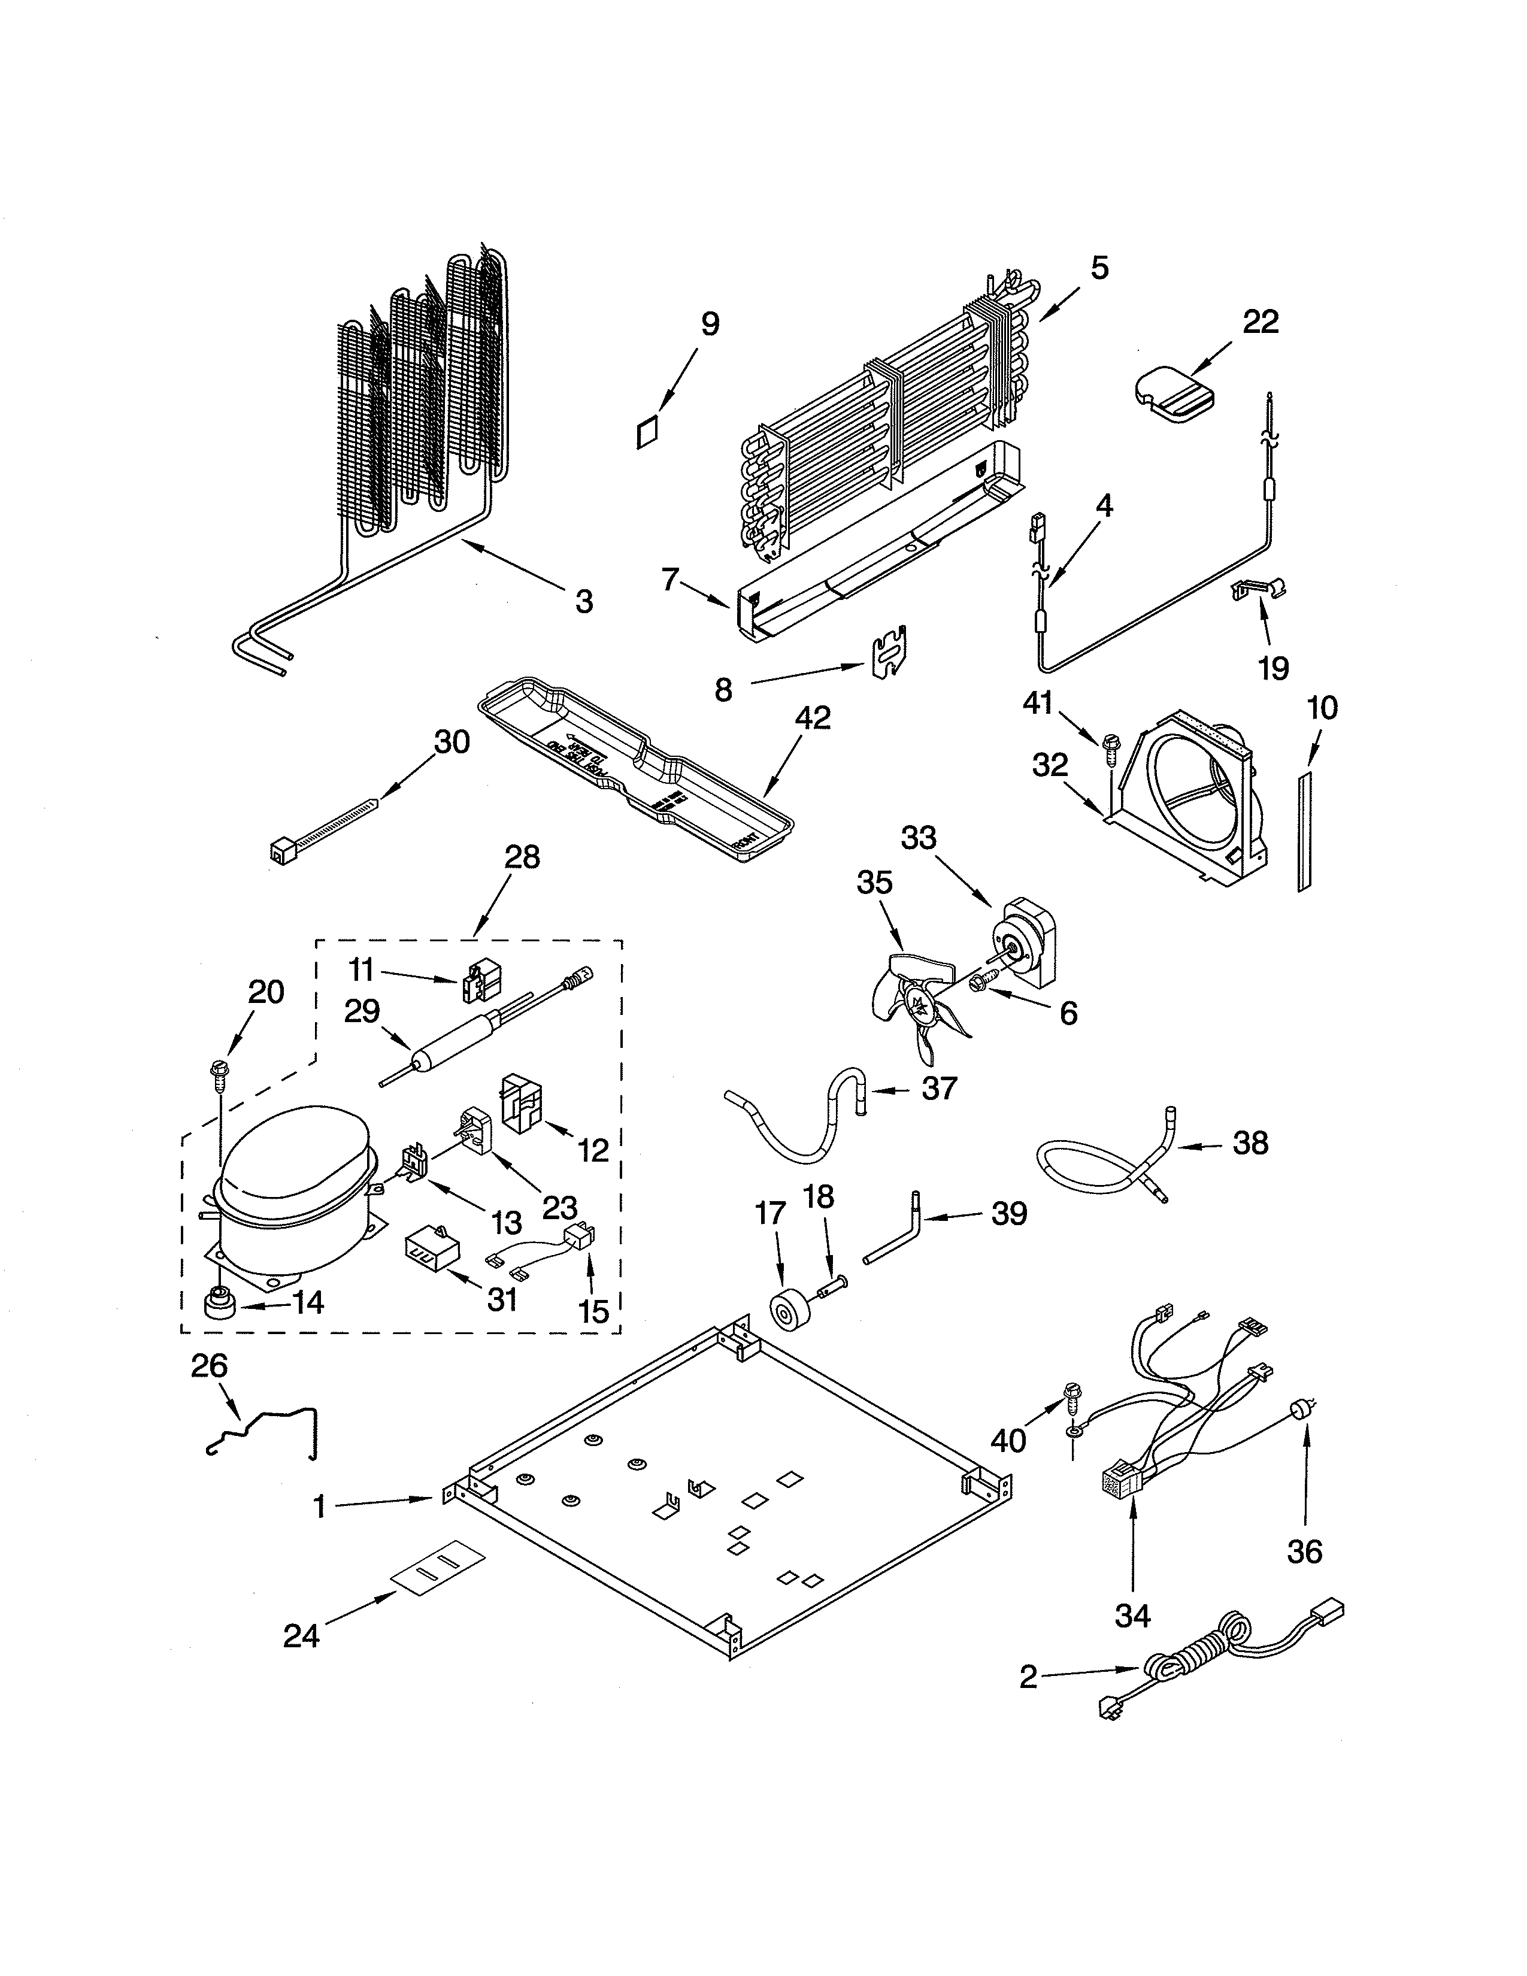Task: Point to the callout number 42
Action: point(813,717)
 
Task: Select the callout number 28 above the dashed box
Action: point(522,857)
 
